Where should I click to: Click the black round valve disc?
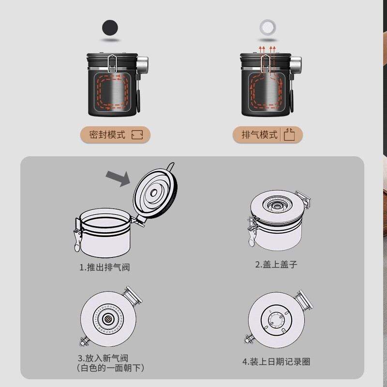[x=110, y=28]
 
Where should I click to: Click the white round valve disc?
[x=268, y=28]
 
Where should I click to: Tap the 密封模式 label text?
[x=107, y=135]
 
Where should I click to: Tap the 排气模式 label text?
[x=260, y=135]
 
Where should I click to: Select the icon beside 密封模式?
[x=137, y=135]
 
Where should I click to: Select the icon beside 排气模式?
[x=289, y=134]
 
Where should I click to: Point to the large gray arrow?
[x=118, y=178]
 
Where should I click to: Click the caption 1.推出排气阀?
[x=104, y=268]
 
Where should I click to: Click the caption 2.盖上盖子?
[x=276, y=265]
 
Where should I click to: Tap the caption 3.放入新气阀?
[x=103, y=358]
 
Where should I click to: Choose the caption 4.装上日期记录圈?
[x=276, y=362]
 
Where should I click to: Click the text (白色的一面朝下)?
[x=110, y=368]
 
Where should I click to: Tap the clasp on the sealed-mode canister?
[x=112, y=63]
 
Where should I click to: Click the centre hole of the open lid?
[x=153, y=193]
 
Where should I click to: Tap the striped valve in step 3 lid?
[x=108, y=319]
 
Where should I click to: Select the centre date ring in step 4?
[x=276, y=320]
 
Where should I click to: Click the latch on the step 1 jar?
[x=78, y=235]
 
